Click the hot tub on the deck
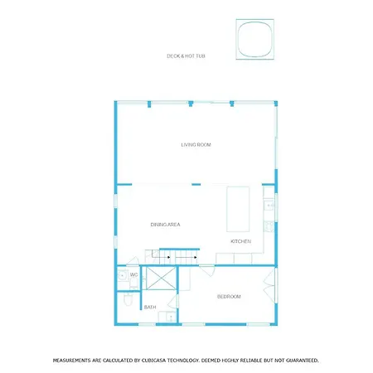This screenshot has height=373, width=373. (254, 39)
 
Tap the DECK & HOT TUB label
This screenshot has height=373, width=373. (186, 56)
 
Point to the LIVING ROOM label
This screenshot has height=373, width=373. (196, 145)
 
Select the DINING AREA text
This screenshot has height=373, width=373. (165, 225)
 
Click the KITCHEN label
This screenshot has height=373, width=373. (241, 241)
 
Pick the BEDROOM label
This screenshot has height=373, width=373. (229, 297)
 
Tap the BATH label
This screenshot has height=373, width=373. (150, 307)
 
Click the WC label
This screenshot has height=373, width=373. (133, 274)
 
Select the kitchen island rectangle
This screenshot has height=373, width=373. (238, 209)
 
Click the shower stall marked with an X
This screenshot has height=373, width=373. (161, 278)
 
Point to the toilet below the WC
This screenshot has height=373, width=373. (128, 300)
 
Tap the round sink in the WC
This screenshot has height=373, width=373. (122, 276)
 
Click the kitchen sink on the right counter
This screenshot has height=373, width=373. (269, 206)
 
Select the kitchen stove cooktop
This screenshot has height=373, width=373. (269, 226)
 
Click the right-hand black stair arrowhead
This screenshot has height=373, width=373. (196, 258)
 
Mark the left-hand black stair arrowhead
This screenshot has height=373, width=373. (168, 258)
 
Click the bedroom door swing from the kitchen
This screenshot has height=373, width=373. (207, 270)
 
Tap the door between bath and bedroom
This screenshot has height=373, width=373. (173, 302)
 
